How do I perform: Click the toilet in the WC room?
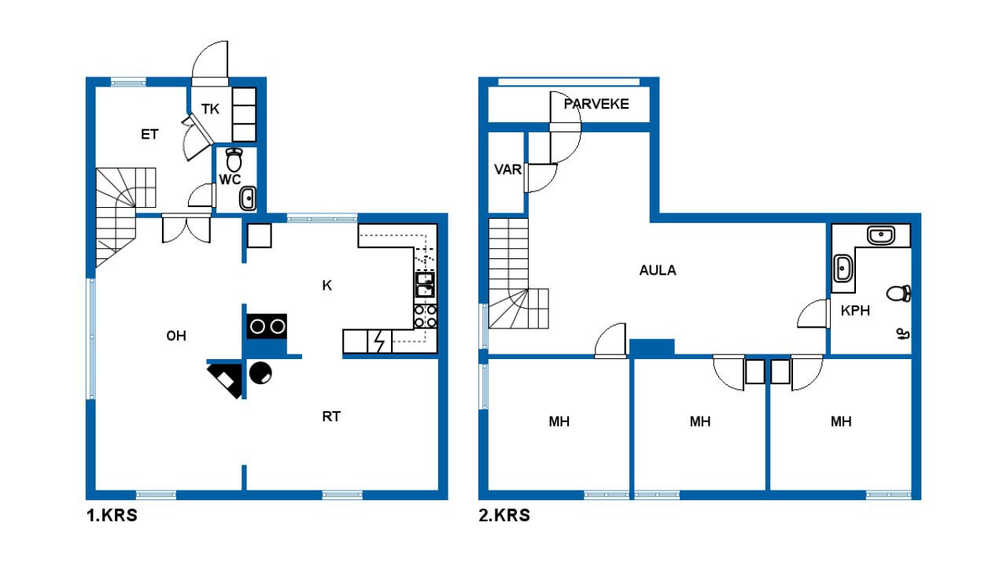click(x=234, y=159)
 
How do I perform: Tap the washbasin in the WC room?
click(x=248, y=198)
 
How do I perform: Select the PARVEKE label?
click(x=596, y=104)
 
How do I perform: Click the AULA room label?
click(x=657, y=270)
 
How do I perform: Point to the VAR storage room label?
click(x=507, y=169)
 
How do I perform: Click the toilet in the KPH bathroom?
click(x=898, y=294)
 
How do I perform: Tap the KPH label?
click(x=855, y=310)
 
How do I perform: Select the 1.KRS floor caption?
click(x=112, y=515)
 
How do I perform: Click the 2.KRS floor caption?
click(x=504, y=515)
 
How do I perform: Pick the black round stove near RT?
click(x=260, y=372)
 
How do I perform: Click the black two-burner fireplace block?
click(x=267, y=326)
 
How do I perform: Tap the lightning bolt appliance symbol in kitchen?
click(x=380, y=342)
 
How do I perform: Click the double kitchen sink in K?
click(x=425, y=284)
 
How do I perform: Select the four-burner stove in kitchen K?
click(x=426, y=316)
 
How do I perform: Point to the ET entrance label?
click(x=149, y=134)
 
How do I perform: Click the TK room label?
click(x=210, y=109)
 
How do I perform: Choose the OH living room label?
click(x=176, y=335)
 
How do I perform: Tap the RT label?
click(x=331, y=417)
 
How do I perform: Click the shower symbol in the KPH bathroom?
click(x=902, y=335)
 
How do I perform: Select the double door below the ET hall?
click(x=186, y=228)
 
